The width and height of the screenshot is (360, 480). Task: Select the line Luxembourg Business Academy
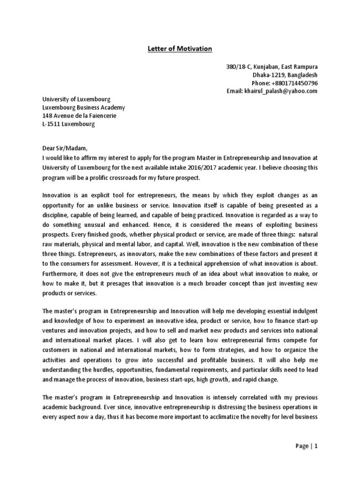point(83,108)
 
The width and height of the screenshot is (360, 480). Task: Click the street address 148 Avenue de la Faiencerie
point(79,116)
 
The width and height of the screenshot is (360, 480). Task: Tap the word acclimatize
point(252,417)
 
